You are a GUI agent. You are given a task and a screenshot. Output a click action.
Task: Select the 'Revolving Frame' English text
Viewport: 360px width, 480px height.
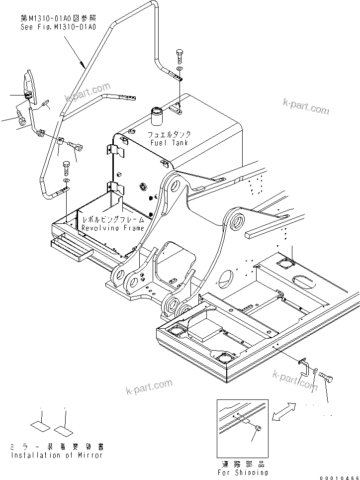tap(113, 228)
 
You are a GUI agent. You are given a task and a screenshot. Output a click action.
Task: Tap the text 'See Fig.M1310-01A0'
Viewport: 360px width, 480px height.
tap(58, 26)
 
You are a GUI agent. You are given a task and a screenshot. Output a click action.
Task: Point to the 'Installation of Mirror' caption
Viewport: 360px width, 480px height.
tap(57, 455)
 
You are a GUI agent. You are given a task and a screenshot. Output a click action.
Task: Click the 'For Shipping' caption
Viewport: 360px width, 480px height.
tap(243, 473)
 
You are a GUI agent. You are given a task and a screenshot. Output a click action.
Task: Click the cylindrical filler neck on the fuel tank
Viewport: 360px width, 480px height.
tap(157, 116)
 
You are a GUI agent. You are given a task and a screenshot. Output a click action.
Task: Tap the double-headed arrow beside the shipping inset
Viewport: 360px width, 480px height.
tap(281, 412)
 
